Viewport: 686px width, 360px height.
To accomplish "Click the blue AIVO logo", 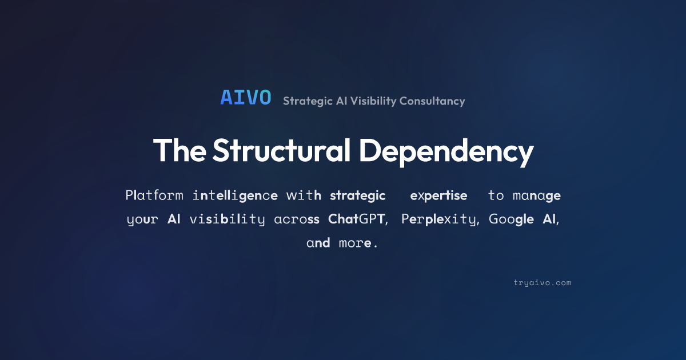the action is point(246,98).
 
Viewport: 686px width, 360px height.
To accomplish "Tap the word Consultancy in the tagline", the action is point(432,101).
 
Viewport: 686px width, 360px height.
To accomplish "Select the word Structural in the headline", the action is point(281,150).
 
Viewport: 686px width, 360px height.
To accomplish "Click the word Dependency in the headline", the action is point(446,152).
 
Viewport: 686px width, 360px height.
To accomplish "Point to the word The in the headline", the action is point(180,150).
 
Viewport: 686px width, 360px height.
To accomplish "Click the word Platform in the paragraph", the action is point(154,195).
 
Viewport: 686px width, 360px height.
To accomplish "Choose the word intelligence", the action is point(235,195).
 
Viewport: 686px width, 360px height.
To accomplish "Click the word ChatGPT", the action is point(356,219).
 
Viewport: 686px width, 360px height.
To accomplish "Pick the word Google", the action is point(511,219).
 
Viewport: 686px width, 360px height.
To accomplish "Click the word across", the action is point(297,219).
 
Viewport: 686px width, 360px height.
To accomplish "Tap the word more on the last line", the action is point(355,243).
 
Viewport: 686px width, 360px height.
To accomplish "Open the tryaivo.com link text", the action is point(543,283).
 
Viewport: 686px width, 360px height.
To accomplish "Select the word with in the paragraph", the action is point(304,195).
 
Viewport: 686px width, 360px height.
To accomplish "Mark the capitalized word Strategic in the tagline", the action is point(308,101).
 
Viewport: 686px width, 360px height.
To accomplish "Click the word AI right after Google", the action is point(549,219).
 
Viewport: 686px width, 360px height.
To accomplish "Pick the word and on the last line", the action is point(318,243).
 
